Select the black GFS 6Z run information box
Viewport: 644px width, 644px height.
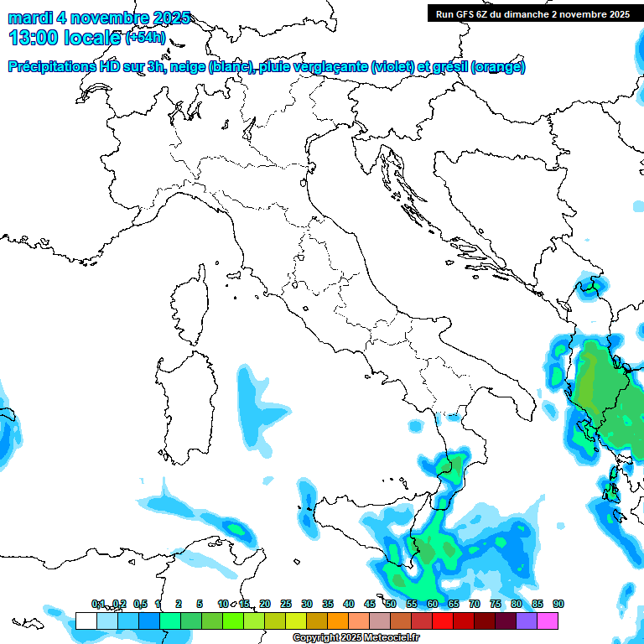532,13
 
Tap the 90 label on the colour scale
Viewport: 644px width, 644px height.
558,604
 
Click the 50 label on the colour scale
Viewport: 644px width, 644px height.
391,604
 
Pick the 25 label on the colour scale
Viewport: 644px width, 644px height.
286,604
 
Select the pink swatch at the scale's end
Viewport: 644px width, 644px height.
548,621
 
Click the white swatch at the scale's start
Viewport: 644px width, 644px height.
86,621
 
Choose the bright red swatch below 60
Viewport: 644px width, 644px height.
443,621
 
